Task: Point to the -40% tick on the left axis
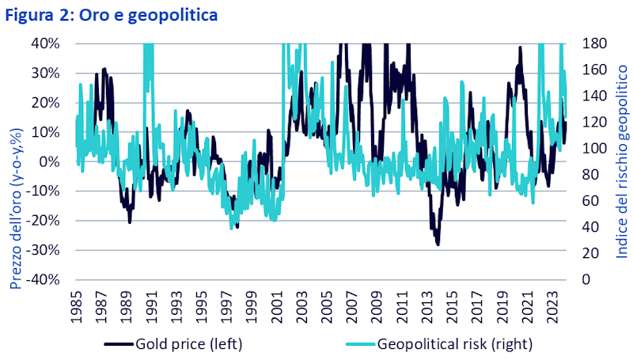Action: tap(45, 279)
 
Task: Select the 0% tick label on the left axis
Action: tap(50, 161)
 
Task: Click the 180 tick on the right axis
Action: tap(593, 43)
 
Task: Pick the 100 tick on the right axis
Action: tap(593, 148)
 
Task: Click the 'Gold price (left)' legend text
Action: tap(188, 343)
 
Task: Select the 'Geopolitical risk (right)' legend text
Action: tap(455, 343)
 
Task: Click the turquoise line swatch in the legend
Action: tap(358, 343)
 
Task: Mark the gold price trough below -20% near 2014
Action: tap(438, 244)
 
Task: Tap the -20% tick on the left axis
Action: tap(45, 221)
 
